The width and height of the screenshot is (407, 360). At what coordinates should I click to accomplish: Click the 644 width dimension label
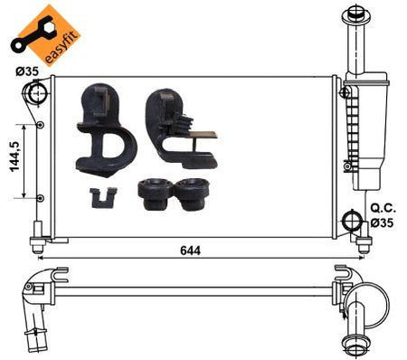[190, 251]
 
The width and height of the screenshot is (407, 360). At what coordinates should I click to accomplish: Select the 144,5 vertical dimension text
[15, 156]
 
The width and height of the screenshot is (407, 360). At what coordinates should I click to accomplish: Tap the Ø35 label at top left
[27, 71]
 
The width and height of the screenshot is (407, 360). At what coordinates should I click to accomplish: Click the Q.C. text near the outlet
[383, 208]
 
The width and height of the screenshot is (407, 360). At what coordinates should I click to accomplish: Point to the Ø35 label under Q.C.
[382, 223]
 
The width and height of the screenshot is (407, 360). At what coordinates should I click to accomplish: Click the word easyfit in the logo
[62, 47]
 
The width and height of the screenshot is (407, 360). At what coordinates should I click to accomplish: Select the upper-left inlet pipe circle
[36, 92]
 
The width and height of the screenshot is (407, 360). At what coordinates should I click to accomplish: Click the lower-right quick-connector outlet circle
[352, 221]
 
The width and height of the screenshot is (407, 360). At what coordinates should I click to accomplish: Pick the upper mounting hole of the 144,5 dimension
[41, 125]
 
